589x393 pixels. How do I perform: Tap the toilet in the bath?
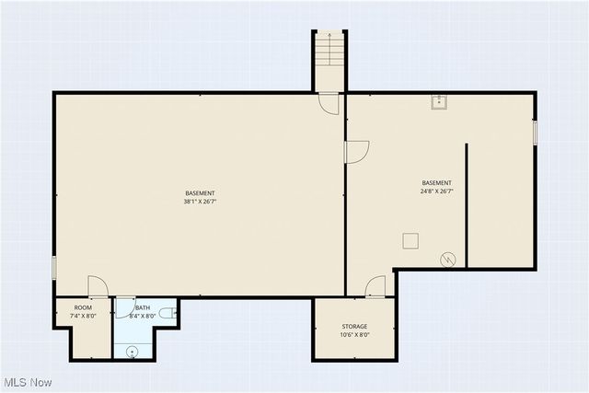point(167,314)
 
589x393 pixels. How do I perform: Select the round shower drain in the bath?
point(133,350)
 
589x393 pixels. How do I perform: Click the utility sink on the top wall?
point(438,101)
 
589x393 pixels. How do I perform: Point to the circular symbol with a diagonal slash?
point(448,260)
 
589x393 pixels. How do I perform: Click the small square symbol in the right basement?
point(410,240)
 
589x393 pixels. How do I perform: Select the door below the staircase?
point(329,103)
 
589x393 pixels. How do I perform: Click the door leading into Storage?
point(375,287)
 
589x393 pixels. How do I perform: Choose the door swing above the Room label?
point(98,286)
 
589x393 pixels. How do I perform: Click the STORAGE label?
point(354,327)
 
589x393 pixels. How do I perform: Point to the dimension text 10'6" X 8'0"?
point(354,335)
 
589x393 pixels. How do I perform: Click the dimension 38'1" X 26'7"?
point(200,202)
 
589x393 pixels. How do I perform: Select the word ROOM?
point(83,307)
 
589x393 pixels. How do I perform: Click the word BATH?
point(143,307)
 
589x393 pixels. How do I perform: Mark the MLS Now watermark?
point(28,382)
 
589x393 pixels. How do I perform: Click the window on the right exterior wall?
point(535,133)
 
